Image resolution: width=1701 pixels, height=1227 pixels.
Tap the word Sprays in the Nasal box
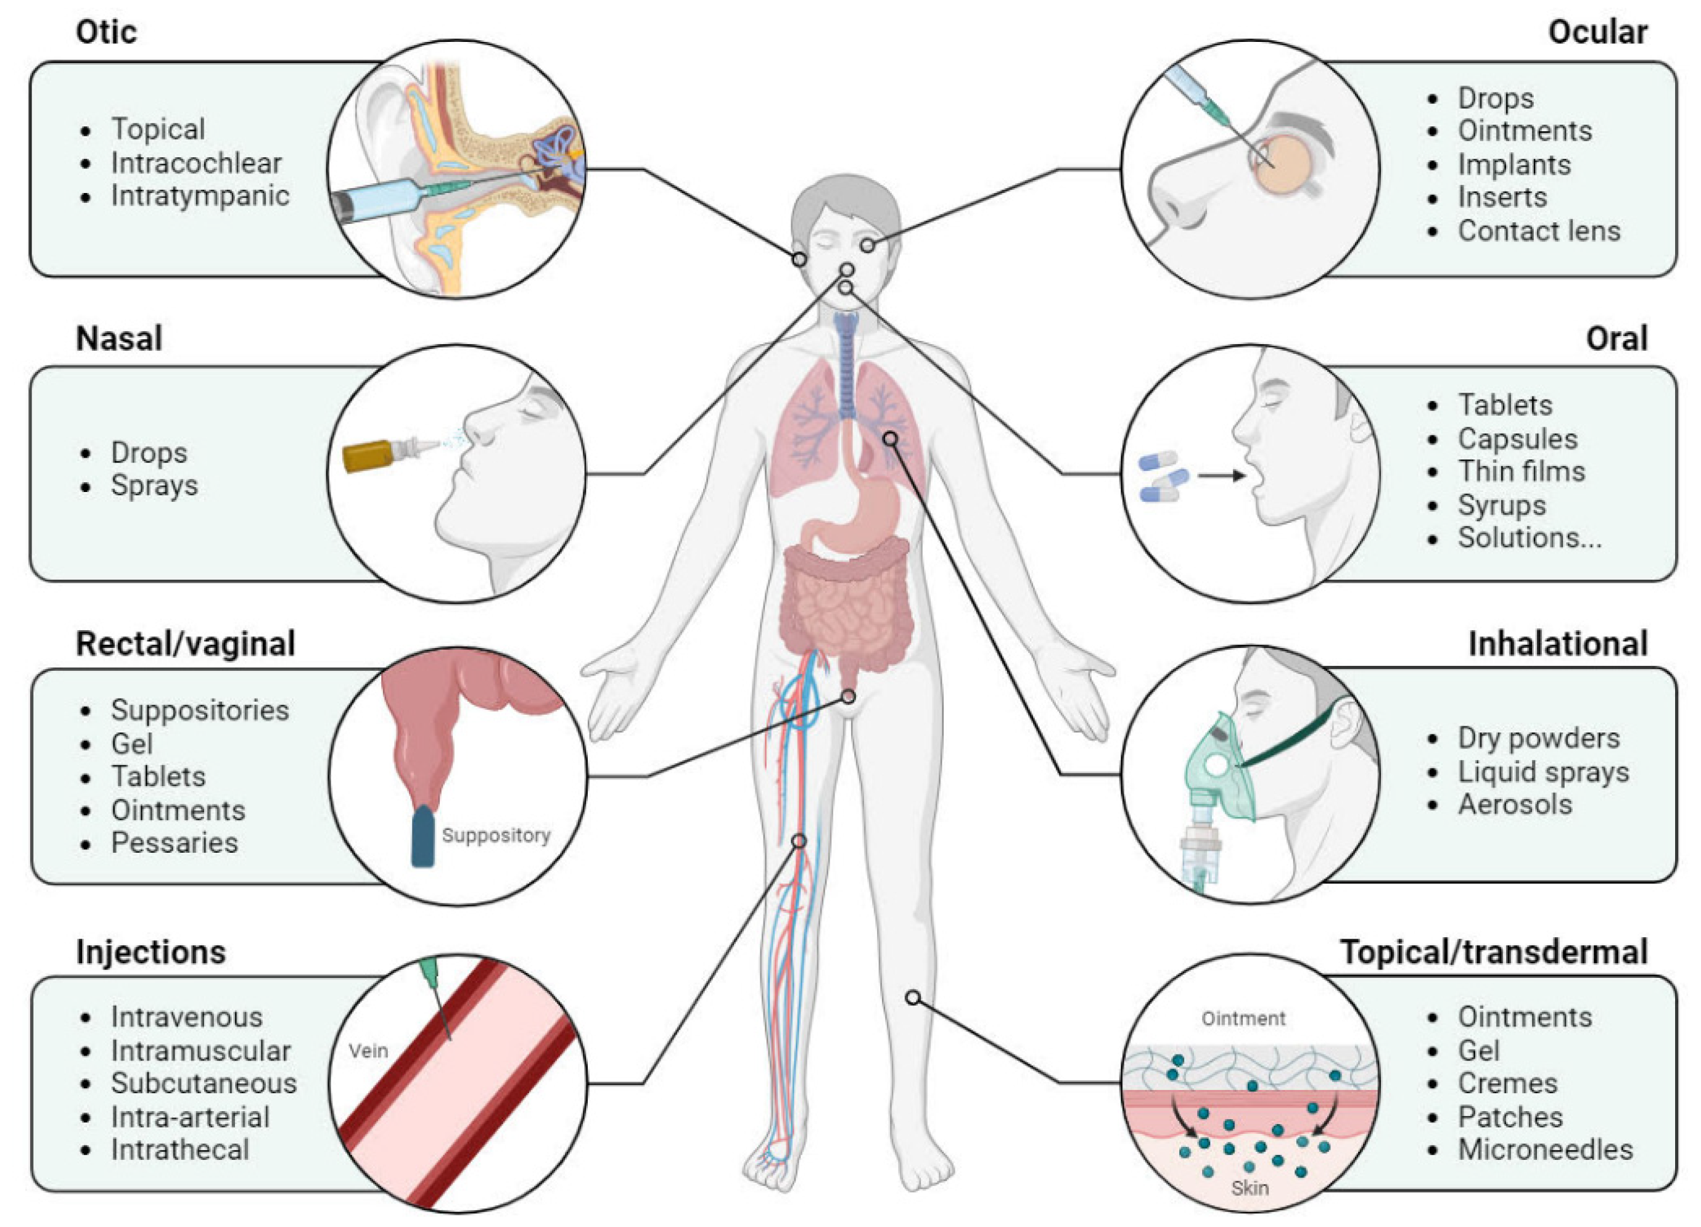coord(155,485)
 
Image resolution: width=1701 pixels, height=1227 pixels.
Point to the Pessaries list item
coord(174,842)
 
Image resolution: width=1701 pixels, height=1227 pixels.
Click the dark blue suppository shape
coord(423,837)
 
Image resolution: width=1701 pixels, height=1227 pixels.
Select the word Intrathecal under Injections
coord(180,1149)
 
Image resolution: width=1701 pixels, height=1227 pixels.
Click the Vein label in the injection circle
coord(368,1051)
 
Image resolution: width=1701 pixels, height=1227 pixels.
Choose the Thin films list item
coord(1521,471)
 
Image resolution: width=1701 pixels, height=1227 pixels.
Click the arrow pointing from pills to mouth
coord(1221,475)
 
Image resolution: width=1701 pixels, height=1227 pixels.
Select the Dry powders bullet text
coord(1538,738)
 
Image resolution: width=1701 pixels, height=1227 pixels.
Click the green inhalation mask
coord(1221,773)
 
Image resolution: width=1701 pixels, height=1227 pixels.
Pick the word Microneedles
coord(1545,1149)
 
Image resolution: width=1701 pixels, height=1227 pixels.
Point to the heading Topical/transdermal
coord(1493,952)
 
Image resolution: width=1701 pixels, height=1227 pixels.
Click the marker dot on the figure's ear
coord(799,259)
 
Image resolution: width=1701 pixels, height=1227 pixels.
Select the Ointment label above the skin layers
coord(1243,1019)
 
